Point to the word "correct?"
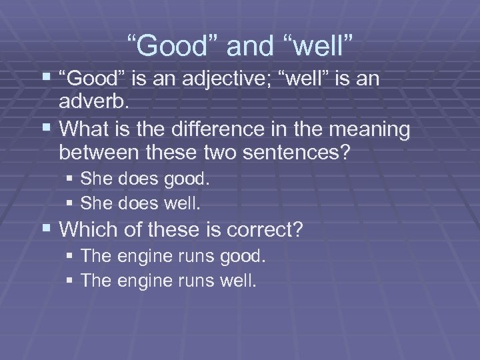(x=266, y=230)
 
